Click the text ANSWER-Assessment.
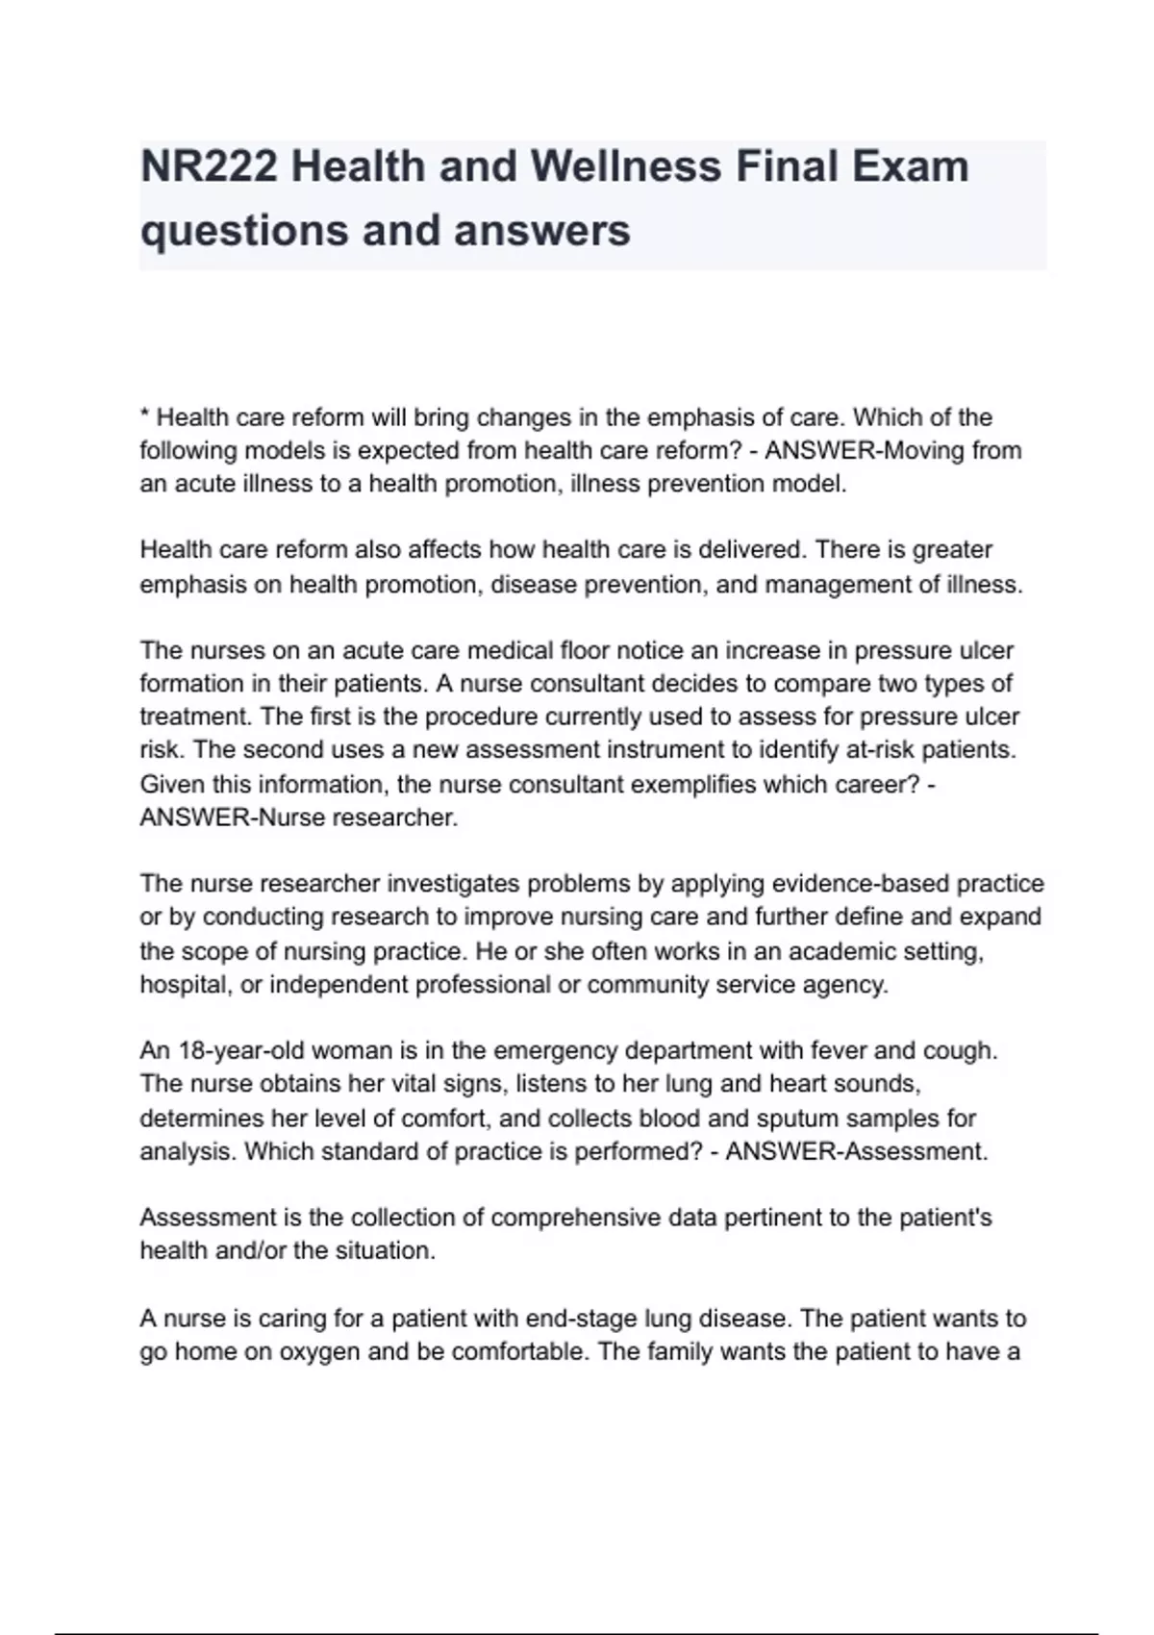(856, 1152)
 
